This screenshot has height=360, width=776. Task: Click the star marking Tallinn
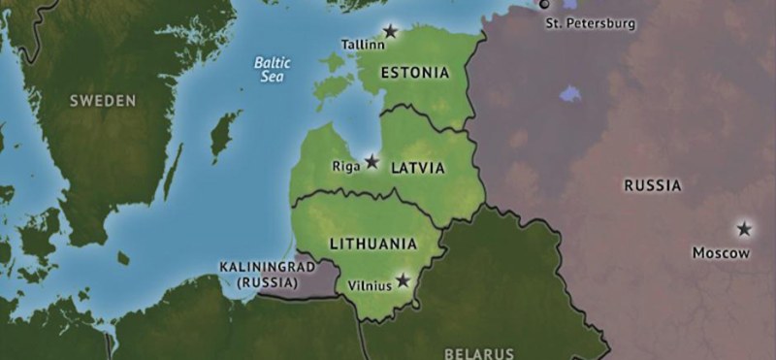(390, 31)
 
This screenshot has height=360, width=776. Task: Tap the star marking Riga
(372, 161)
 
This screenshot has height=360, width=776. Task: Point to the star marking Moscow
(744, 229)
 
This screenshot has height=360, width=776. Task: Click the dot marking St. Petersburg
(544, 4)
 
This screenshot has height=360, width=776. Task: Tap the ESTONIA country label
(415, 73)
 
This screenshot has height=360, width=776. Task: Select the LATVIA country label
(418, 167)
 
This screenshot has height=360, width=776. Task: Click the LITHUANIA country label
(373, 244)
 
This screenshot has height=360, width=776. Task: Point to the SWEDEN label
(102, 100)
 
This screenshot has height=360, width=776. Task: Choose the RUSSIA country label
(652, 184)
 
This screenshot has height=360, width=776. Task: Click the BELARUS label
(479, 352)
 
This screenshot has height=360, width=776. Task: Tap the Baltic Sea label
(273, 68)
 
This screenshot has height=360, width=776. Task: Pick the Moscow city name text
(721, 252)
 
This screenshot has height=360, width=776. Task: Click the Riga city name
(345, 166)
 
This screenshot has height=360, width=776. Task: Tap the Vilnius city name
(368, 285)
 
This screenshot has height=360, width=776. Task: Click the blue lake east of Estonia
(570, 95)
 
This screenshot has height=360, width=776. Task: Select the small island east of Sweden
(226, 135)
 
